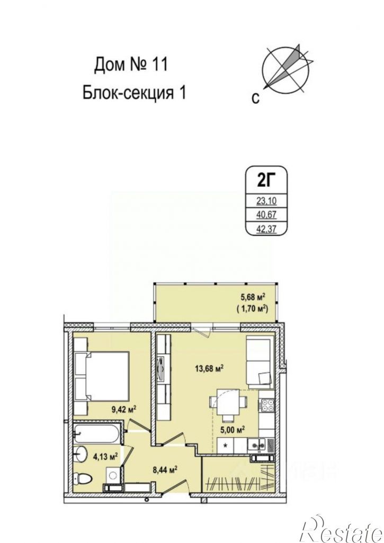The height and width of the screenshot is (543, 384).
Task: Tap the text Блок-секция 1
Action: (135, 93)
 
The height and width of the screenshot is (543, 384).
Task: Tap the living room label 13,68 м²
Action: (208, 369)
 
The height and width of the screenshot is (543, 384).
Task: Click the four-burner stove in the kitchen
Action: (265, 406)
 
